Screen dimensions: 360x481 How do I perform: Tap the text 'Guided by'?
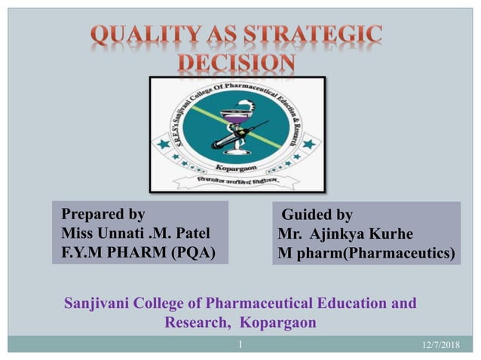pos(317,215)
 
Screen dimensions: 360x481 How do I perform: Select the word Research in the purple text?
pos(192,323)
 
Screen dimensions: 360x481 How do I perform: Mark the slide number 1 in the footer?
pos(239,344)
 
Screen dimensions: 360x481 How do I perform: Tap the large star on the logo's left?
pos(164,143)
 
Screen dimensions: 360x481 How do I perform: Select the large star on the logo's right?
pos(308,143)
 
